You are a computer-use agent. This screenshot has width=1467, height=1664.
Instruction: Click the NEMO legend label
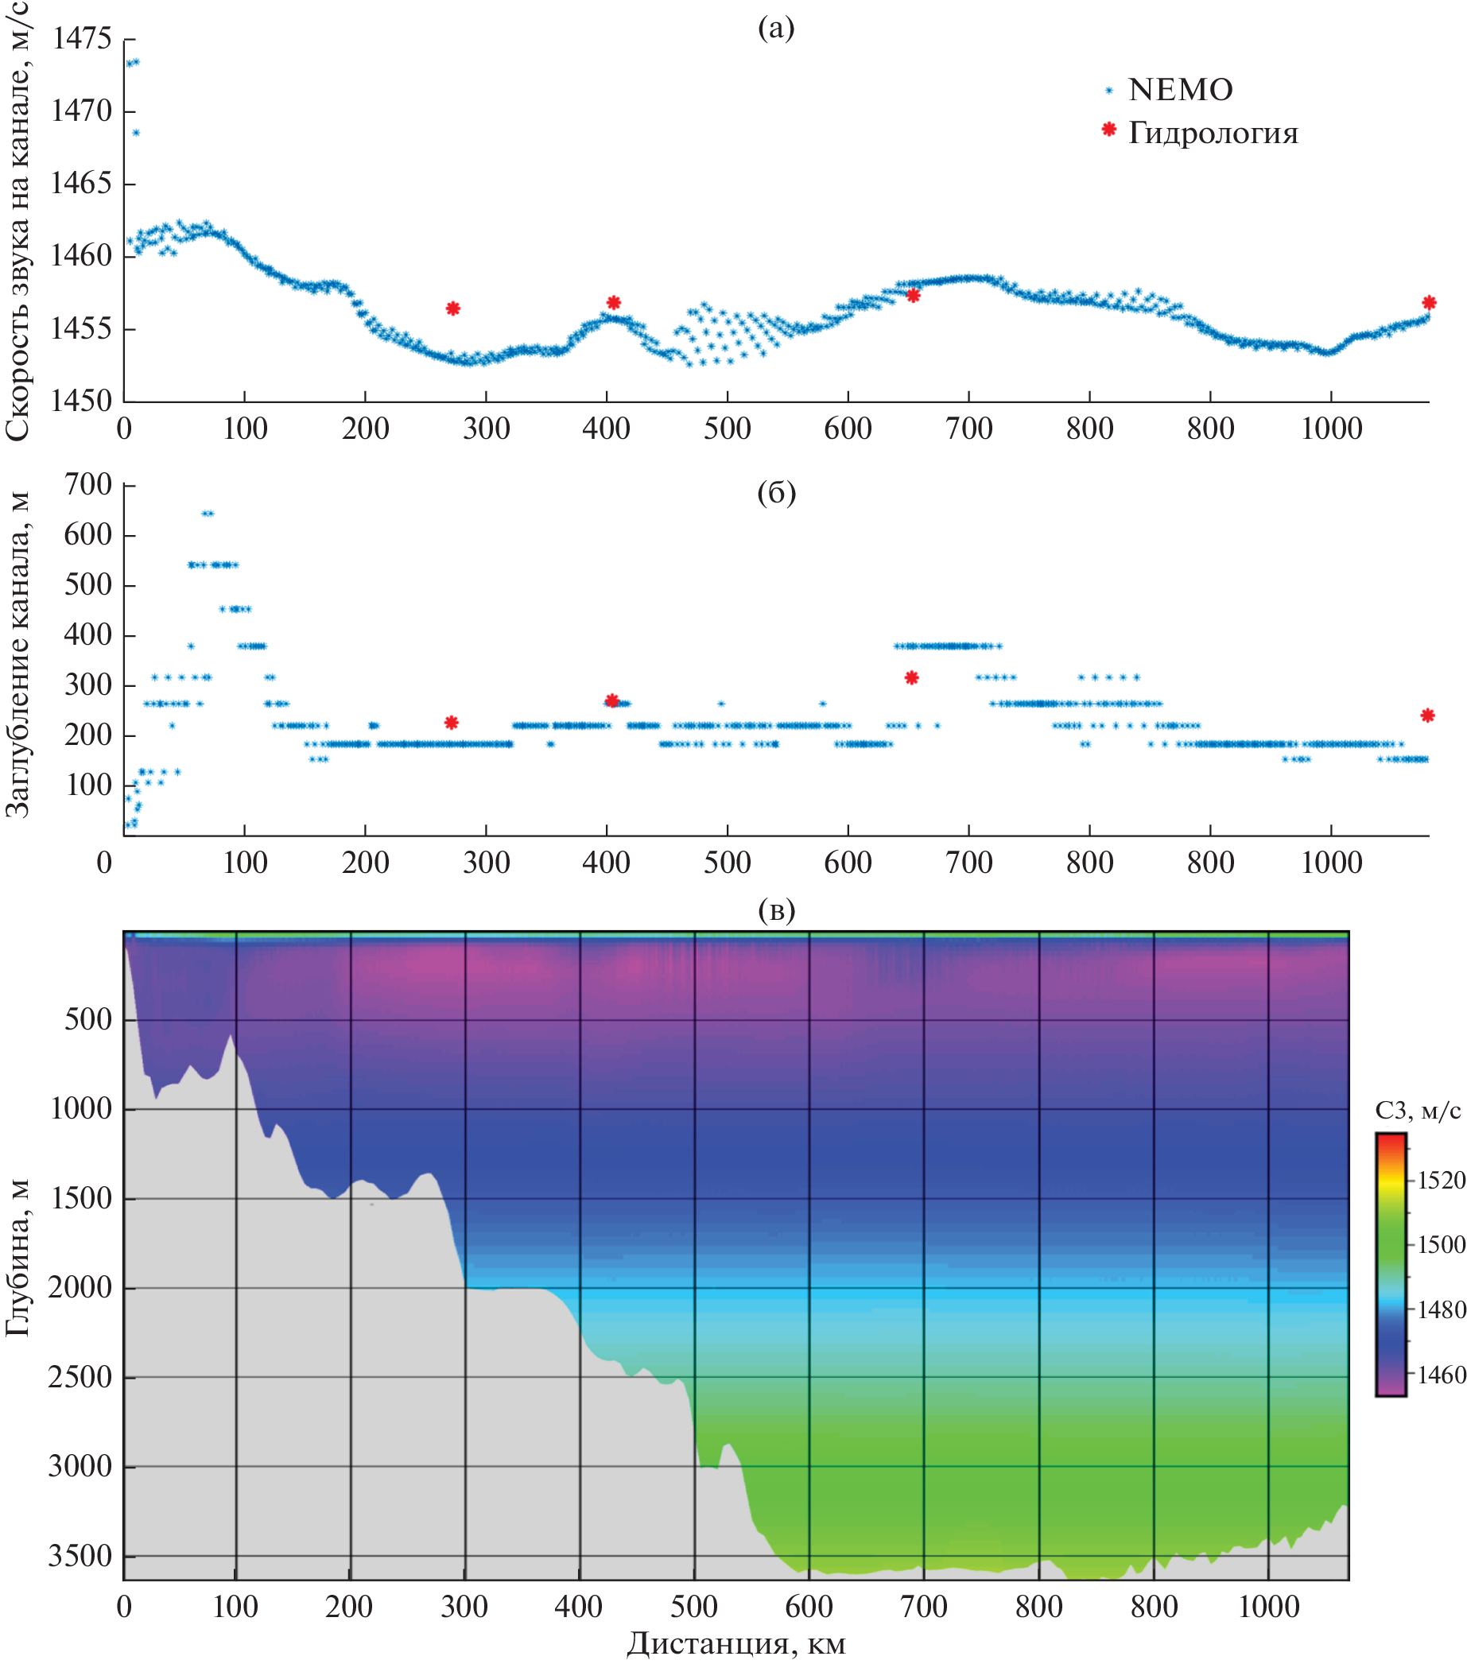pos(1180,90)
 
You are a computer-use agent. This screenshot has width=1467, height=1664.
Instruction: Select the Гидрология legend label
pos(1213,133)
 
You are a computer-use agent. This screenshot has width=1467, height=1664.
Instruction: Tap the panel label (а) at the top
pos(775,28)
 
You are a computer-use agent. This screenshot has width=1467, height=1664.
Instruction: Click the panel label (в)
pos(776,910)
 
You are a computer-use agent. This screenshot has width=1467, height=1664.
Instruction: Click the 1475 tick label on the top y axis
pos(80,38)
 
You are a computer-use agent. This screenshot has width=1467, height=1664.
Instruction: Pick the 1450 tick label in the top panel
pos(80,401)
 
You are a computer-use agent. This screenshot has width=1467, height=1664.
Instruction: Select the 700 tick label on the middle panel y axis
pos(87,484)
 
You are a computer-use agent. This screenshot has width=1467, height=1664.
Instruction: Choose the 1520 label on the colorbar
pos(1441,1181)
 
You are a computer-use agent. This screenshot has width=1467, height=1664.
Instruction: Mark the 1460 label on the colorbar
pos(1441,1375)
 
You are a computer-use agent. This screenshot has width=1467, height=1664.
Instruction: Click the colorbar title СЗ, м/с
pos(1418,1111)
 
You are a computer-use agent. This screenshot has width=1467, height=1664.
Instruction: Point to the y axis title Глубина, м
pos(18,1258)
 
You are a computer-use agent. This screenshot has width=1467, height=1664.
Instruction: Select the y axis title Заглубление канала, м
pos(18,655)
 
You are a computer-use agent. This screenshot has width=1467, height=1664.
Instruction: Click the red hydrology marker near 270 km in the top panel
pos(452,308)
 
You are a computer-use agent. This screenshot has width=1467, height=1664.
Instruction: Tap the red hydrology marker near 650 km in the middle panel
pos(911,677)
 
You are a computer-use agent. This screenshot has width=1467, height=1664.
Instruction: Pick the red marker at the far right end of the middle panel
pos(1427,716)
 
